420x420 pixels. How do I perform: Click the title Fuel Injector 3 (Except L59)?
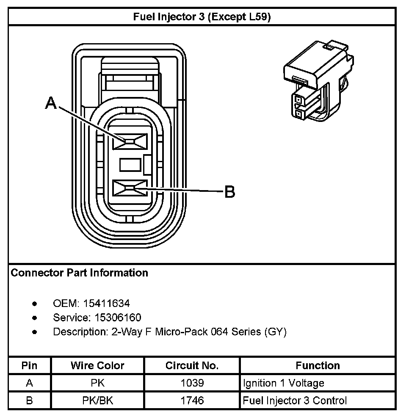pos(202,17)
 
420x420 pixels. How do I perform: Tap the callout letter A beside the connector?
pos(51,103)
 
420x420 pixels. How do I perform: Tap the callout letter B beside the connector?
pos(229,192)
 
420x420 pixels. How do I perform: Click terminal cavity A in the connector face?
pos(130,141)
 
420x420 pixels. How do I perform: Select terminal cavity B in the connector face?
pos(130,188)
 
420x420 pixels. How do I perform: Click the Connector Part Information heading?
pos(79,273)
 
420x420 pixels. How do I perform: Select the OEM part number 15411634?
pos(106,303)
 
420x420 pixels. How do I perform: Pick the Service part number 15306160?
pos(112,318)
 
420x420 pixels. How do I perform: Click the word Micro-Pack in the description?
pos(181,332)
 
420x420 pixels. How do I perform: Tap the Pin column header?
pos(29,365)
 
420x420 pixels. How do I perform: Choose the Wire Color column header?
pos(97,365)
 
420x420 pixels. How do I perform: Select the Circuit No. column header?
pos(192,365)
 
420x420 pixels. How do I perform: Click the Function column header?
pos(318,365)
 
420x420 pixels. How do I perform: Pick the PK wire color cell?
pos(97,383)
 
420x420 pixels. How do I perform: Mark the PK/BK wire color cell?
pos(97,400)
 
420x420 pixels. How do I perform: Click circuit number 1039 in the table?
pos(192,383)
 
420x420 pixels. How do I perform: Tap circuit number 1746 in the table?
pos(192,400)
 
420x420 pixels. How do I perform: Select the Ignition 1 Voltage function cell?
pos(283,383)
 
